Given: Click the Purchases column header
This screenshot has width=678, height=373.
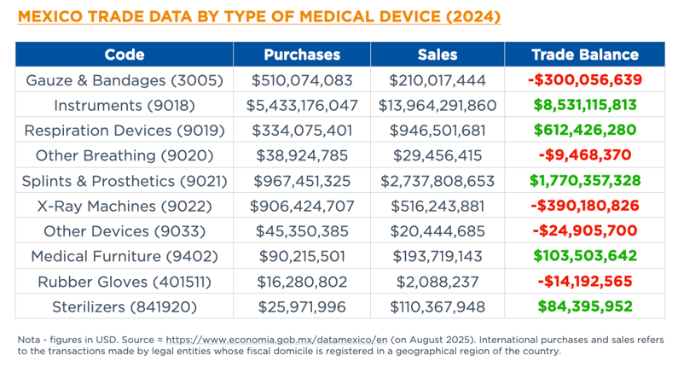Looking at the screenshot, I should point(302,55).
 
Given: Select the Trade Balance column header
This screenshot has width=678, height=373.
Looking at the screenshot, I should point(584,55).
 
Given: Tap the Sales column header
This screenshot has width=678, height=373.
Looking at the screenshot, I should point(438,55).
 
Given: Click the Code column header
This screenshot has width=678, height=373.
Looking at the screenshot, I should point(125,55).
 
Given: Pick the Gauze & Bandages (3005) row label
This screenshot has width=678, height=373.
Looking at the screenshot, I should point(125,80).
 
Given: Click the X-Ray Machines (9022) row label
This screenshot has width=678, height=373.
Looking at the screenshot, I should point(125,206).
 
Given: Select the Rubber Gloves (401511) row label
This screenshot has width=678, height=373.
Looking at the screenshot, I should point(125,281).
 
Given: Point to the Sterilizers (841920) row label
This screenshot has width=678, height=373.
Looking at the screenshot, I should point(125,306).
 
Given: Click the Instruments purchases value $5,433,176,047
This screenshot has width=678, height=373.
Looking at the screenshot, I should point(302,106).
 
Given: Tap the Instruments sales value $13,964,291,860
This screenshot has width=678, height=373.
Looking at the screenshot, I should point(438,106).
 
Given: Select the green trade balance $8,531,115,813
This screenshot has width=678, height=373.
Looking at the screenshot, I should point(584,106).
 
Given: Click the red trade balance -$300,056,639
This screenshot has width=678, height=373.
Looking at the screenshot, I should point(584,80).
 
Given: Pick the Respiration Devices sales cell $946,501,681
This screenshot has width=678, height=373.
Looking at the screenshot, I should point(438,131).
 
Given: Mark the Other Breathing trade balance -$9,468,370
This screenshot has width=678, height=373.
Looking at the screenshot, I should point(584,155).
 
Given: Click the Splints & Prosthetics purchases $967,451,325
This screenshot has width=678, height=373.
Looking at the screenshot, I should point(302,181).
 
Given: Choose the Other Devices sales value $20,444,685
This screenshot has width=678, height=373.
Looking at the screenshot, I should point(438,230).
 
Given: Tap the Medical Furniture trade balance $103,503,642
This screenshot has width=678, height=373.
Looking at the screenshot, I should point(584,256).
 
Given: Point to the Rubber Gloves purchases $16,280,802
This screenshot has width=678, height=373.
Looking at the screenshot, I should point(302,281).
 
